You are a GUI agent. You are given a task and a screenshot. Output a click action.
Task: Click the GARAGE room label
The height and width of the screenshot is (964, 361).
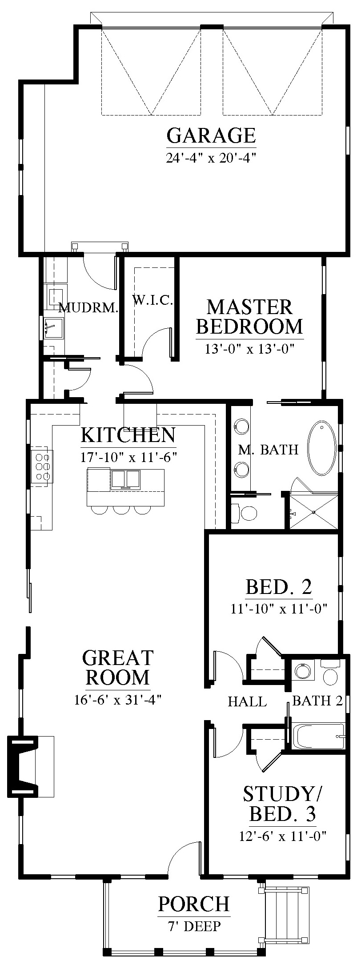[x=211, y=135]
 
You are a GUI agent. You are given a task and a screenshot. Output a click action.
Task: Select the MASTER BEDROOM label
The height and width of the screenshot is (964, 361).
[x=249, y=317]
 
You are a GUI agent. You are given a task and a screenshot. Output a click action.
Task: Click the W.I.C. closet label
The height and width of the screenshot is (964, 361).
[x=152, y=301]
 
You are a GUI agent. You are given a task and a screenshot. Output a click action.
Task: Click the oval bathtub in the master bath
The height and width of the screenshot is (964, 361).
[x=322, y=448]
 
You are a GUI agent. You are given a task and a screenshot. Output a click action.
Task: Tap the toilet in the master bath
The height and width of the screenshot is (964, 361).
[x=246, y=514]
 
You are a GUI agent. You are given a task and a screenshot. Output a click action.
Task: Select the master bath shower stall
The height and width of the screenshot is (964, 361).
[x=313, y=511]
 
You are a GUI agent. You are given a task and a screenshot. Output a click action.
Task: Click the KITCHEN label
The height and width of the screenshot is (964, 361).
[x=128, y=435]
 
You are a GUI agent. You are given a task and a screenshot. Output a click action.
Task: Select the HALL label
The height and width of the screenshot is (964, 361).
[x=247, y=701]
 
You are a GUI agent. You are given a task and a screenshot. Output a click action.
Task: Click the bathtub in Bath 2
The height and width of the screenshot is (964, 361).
[x=318, y=736]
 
